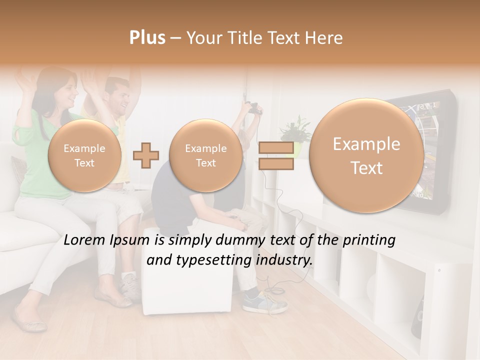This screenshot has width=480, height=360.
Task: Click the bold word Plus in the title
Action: click(x=147, y=38)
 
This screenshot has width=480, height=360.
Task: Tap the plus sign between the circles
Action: click(x=146, y=155)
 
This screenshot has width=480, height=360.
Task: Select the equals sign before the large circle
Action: click(x=275, y=155)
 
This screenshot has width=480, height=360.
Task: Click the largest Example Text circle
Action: click(x=366, y=156)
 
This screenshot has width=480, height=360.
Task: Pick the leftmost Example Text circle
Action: click(x=84, y=155)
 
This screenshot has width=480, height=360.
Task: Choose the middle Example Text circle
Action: click(x=205, y=155)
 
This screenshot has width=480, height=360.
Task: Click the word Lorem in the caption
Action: click(x=85, y=240)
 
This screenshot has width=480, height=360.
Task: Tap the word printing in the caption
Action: click(x=369, y=240)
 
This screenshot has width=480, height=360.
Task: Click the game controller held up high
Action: click(x=253, y=107)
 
